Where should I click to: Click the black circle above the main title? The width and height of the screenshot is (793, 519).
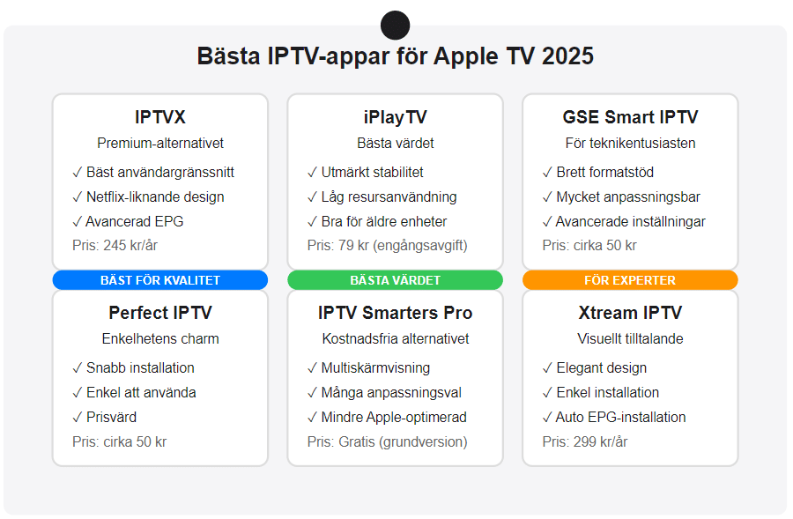395,26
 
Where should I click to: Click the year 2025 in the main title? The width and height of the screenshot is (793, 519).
567,56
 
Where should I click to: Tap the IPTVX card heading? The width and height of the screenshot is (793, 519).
160,117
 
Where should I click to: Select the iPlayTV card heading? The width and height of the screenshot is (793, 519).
395,118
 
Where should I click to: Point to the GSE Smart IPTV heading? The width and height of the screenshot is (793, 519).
630,117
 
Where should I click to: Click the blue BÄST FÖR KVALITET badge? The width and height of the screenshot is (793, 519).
160,280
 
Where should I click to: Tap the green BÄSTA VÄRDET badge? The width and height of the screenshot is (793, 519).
395,280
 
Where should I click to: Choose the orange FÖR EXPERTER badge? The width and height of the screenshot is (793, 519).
630,280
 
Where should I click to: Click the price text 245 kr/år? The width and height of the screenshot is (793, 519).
130,245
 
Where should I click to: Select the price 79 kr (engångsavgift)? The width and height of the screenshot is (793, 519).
403,246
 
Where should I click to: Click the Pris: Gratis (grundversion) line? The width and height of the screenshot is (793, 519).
388,442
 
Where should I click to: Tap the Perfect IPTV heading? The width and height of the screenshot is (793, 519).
160,313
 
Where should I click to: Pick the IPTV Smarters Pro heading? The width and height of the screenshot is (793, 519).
395,313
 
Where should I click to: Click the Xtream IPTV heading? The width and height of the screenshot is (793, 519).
630,313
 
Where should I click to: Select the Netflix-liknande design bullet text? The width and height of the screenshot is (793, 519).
155,196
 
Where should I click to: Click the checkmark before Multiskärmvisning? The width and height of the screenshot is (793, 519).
312,368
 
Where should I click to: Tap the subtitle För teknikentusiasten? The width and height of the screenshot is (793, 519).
630,143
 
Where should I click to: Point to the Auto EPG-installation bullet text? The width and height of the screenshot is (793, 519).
620,418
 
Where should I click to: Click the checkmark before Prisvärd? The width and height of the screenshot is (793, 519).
77,418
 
